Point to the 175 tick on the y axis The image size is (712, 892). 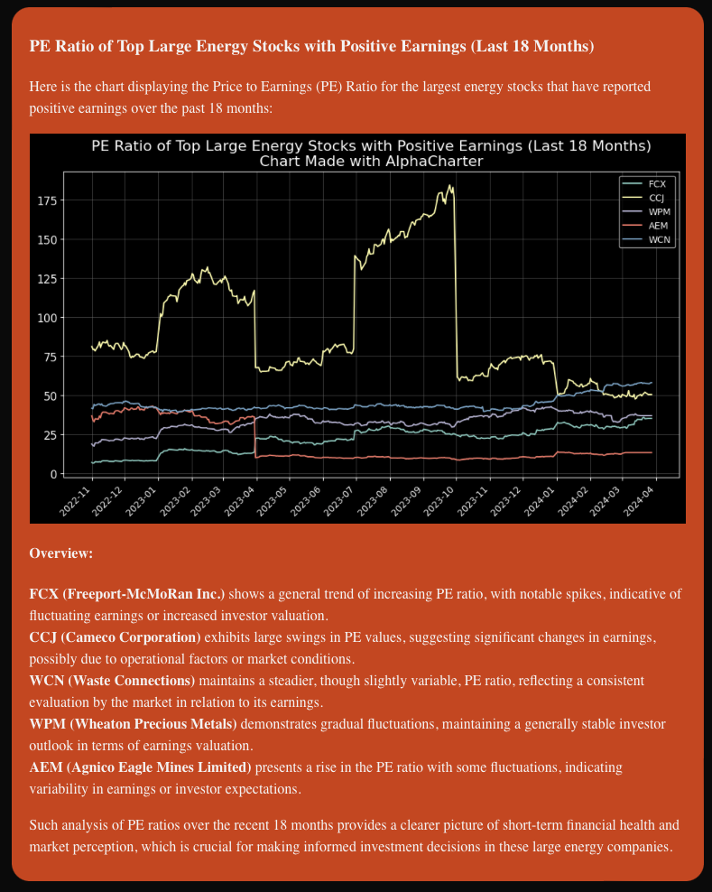click(x=48, y=200)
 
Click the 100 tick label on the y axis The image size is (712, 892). click(x=48, y=318)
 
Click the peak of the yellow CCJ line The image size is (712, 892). click(x=449, y=186)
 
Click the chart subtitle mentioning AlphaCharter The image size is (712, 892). click(x=371, y=162)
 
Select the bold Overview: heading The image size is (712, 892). click(x=61, y=553)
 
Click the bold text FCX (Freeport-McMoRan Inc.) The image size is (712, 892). click(x=127, y=594)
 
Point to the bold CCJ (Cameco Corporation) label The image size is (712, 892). click(x=115, y=637)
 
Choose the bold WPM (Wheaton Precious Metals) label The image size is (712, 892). click(x=133, y=723)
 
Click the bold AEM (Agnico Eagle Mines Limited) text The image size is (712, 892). click(x=140, y=767)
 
